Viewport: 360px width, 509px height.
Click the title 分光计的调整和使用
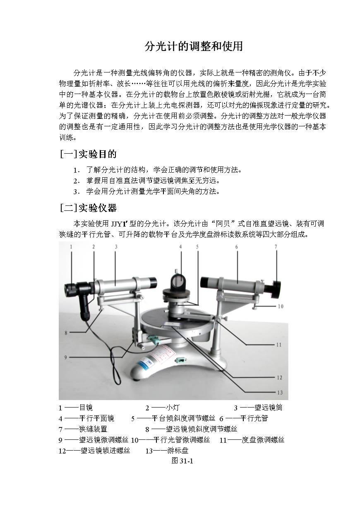193,46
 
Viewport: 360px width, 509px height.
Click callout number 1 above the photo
71,246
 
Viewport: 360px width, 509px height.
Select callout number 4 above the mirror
181,247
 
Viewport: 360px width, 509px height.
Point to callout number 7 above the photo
276,247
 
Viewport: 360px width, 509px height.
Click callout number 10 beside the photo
280,307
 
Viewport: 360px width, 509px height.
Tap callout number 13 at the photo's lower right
280,393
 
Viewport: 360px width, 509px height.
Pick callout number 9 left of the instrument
65,357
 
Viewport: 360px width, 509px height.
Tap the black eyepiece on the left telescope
71,289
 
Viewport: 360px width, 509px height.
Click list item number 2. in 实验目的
76,181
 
